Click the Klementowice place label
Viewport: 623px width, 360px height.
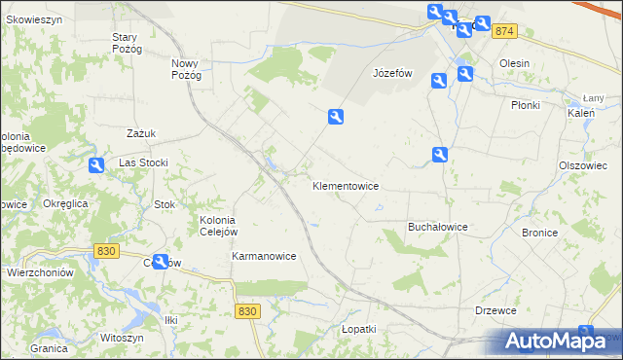345,185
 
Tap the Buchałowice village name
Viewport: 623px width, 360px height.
437,227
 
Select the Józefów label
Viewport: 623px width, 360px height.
393,73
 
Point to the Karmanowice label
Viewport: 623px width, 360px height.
264,256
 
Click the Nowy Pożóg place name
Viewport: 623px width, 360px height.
185,68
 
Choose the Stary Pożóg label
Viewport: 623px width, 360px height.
128,43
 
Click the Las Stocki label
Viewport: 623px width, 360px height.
144,162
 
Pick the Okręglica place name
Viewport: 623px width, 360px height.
66,203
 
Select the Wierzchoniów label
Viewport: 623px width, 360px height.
40,273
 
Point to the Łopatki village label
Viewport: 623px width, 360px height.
358,329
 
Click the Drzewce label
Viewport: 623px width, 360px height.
495,309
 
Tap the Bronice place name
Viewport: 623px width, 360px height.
539,233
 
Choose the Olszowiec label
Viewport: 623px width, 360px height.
583,165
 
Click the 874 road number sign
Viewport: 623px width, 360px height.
503,32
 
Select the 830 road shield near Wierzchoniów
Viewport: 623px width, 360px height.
107,251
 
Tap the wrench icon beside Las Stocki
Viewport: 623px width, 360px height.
95,165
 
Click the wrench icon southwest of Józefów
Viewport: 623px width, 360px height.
336,117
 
